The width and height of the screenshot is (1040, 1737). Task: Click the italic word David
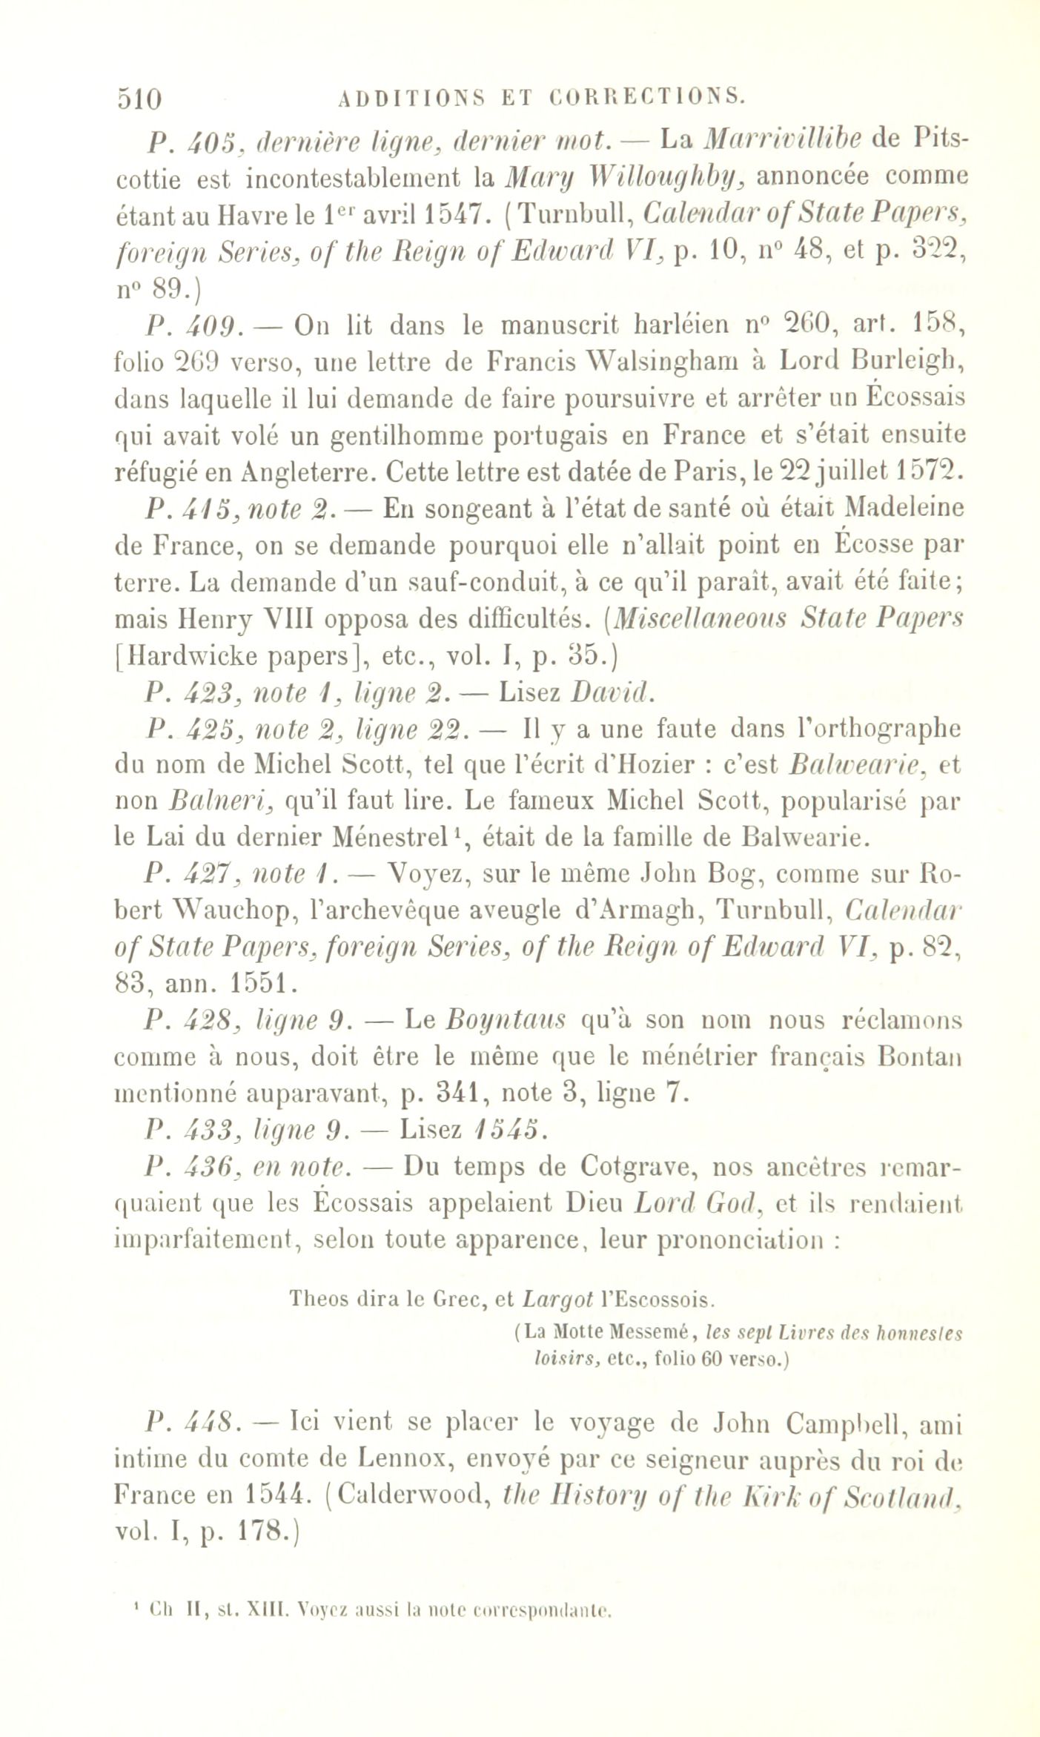click(x=612, y=692)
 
